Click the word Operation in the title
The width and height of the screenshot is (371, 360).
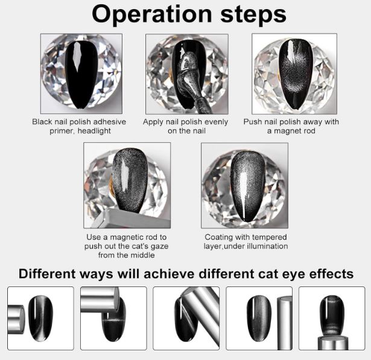pos(151,14)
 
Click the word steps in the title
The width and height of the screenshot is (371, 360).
pos(253,14)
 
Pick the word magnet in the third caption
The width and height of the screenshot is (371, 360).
pos(287,131)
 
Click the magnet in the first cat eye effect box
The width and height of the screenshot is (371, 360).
pos(16,320)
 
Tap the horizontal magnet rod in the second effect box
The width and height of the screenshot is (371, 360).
pos(100,300)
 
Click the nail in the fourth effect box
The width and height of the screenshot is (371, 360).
pos(259,318)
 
